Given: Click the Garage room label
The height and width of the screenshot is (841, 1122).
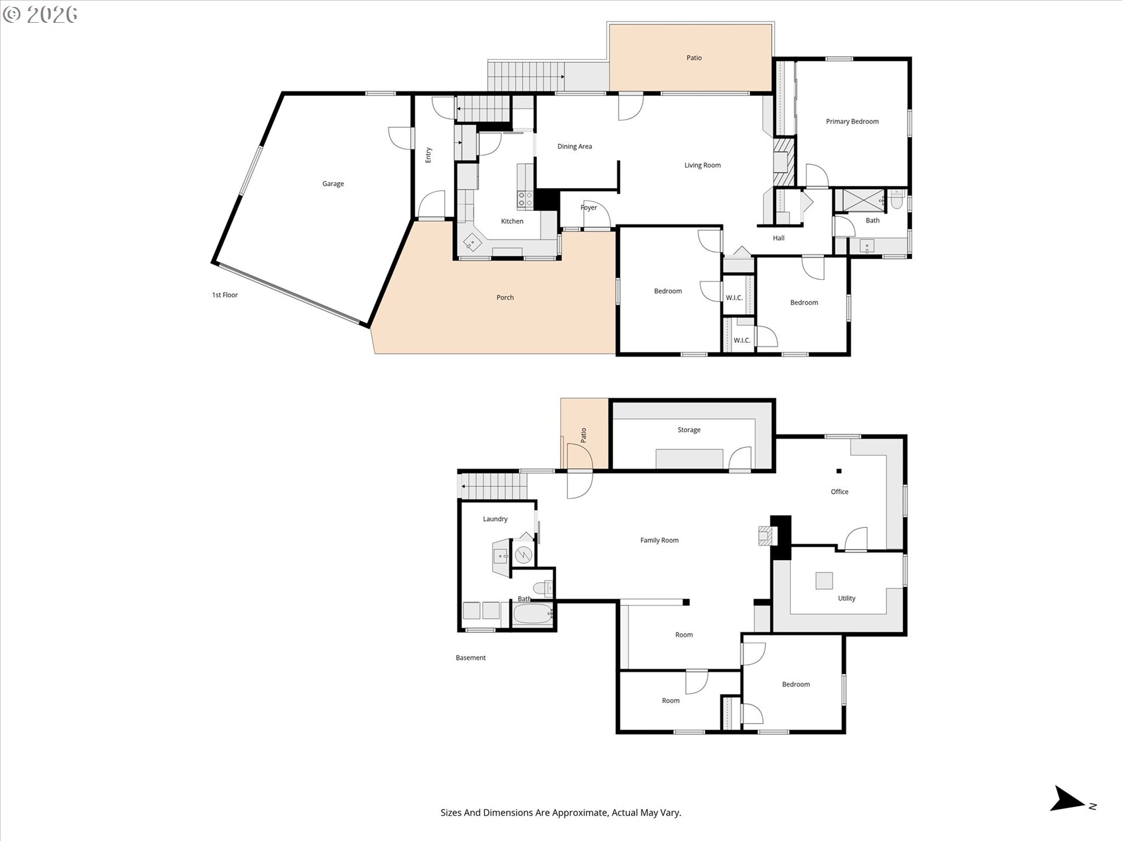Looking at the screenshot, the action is click(x=333, y=184).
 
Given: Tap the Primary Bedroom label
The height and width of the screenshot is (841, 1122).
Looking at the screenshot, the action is click(x=852, y=121).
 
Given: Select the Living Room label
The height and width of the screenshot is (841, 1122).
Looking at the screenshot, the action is click(x=702, y=165).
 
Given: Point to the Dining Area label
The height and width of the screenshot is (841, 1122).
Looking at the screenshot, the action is click(x=574, y=147).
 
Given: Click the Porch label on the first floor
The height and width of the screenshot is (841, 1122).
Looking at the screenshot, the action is click(x=505, y=298).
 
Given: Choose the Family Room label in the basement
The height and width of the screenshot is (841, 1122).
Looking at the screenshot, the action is click(x=659, y=540).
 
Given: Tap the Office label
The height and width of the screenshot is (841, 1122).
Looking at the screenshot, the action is click(x=840, y=492).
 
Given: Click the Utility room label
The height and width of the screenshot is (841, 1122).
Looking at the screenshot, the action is click(x=847, y=598).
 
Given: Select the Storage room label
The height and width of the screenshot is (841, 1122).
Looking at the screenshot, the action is click(x=689, y=430).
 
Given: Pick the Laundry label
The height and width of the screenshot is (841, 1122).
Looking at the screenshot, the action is click(x=495, y=519).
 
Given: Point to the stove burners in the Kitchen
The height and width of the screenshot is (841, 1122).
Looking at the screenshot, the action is click(x=525, y=200).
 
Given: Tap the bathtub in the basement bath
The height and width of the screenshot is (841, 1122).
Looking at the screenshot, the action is click(x=532, y=614).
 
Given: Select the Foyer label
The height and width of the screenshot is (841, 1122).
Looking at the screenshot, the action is click(x=588, y=208).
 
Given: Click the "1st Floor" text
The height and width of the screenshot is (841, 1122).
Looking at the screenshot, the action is click(x=225, y=295).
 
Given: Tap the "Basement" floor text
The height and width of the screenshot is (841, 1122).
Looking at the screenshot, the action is click(x=470, y=658).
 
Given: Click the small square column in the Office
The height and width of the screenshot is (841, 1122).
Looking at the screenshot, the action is click(x=839, y=471).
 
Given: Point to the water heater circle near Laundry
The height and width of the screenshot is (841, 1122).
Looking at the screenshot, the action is click(x=523, y=555).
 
